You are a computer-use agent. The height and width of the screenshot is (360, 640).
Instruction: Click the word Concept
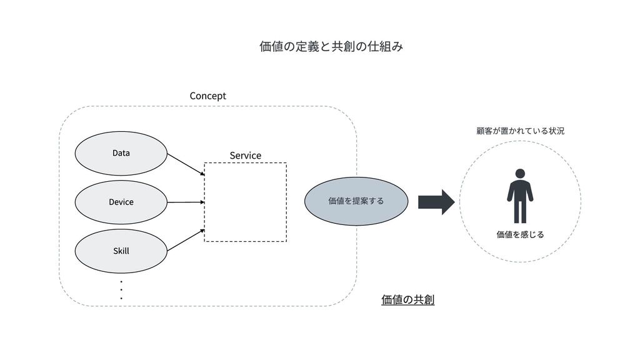pyautogui.click(x=207, y=96)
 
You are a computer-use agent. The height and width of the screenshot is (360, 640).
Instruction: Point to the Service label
pyautogui.click(x=245, y=155)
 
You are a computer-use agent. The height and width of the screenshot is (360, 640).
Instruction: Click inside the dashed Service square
pyautogui.click(x=245, y=202)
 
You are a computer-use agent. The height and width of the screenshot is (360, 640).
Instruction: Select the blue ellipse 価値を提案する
pyautogui.click(x=356, y=201)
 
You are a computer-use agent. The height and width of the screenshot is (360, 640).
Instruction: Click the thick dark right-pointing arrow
pyautogui.click(x=436, y=201)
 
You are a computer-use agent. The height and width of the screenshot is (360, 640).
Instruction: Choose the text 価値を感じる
pyautogui.click(x=520, y=234)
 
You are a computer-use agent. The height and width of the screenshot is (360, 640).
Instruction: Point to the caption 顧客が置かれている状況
pyautogui.click(x=520, y=131)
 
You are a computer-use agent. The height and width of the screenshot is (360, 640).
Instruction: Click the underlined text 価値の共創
pyautogui.click(x=407, y=301)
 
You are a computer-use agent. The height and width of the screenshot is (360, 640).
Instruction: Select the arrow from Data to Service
pyautogui.click(x=186, y=164)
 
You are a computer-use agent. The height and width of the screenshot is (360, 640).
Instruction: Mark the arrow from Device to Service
pyautogui.click(x=186, y=202)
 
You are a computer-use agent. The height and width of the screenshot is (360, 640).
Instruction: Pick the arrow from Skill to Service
pyautogui.click(x=186, y=240)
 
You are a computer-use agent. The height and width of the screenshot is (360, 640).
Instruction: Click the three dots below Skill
pyautogui.click(x=121, y=290)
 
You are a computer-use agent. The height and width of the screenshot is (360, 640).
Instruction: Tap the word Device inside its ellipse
pyautogui.click(x=121, y=202)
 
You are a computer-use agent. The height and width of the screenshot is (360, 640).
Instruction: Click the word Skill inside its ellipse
pyautogui.click(x=121, y=251)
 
